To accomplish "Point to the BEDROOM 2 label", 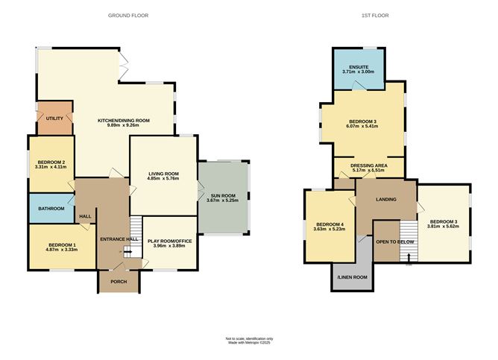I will pos(51,162).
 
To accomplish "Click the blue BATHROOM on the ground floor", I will pos(51,209).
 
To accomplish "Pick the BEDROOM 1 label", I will pos(63,244).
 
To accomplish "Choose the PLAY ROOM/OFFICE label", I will pos(169,241).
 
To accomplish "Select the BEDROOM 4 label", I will pos(330,224).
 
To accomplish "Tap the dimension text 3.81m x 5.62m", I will pos(443,227).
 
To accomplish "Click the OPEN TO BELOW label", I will pos(394,242).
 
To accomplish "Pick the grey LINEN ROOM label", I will pos(352,277).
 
